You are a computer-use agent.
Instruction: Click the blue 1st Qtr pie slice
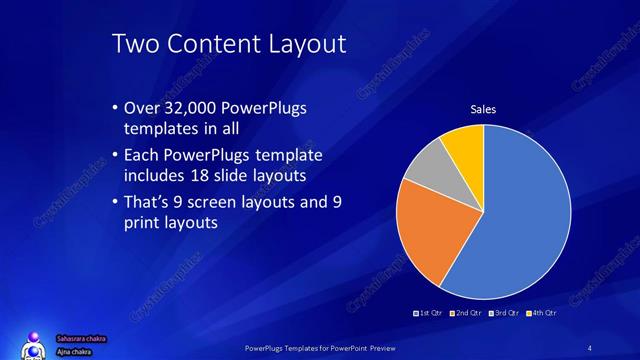[525, 215]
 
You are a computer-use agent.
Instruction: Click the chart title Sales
[484, 109]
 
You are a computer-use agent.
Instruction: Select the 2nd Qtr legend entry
[464, 313]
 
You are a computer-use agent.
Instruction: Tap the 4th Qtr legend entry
[541, 313]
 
